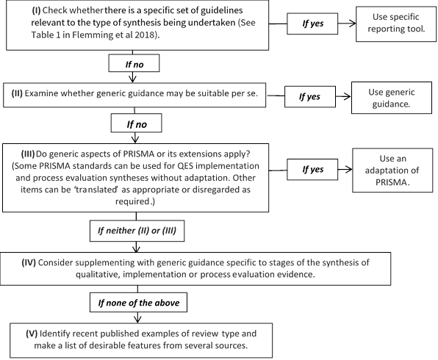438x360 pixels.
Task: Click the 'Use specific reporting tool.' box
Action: (x=396, y=24)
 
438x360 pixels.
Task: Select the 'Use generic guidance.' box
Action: (x=392, y=98)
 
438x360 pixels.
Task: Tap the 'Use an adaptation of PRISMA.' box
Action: (x=392, y=170)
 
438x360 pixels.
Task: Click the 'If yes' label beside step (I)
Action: (x=312, y=24)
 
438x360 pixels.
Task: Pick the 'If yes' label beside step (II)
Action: (x=310, y=97)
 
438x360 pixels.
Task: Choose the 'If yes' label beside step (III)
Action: (x=312, y=169)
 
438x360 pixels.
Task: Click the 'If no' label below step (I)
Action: (x=134, y=63)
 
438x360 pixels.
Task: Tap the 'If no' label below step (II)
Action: (x=136, y=123)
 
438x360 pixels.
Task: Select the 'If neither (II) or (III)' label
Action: (x=137, y=231)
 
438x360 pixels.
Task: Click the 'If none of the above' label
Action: (x=138, y=303)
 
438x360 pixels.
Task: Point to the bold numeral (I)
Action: (x=36, y=10)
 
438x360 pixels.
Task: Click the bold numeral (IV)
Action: (x=29, y=262)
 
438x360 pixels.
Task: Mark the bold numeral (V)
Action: (x=32, y=334)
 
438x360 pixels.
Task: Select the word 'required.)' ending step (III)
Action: (x=135, y=201)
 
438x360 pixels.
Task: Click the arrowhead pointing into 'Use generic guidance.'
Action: (x=347, y=97)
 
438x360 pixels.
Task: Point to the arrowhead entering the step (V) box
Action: (x=137, y=319)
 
